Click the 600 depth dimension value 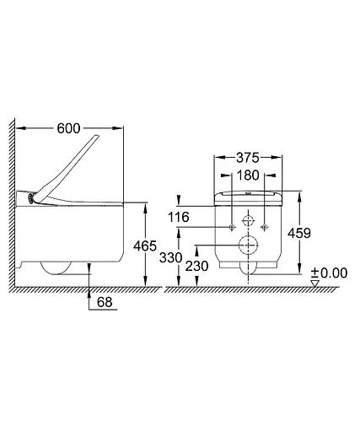coord(68,128)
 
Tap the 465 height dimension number coord(145,246)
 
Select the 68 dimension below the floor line coord(105,302)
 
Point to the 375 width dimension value coord(248,158)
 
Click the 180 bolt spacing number coord(248,175)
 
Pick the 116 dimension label coord(179,217)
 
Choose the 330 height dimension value coord(171,257)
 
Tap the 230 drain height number coord(196,266)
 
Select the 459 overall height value coord(299,233)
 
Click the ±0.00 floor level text coord(330,273)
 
